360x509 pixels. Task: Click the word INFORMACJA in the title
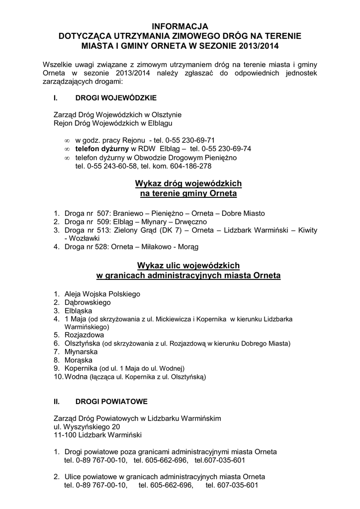click(180, 26)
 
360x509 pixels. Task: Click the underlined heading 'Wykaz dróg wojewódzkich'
click(188, 183)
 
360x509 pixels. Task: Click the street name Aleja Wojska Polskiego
click(102, 293)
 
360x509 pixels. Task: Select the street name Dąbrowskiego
click(88, 302)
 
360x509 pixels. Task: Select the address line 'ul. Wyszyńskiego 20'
click(87, 426)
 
